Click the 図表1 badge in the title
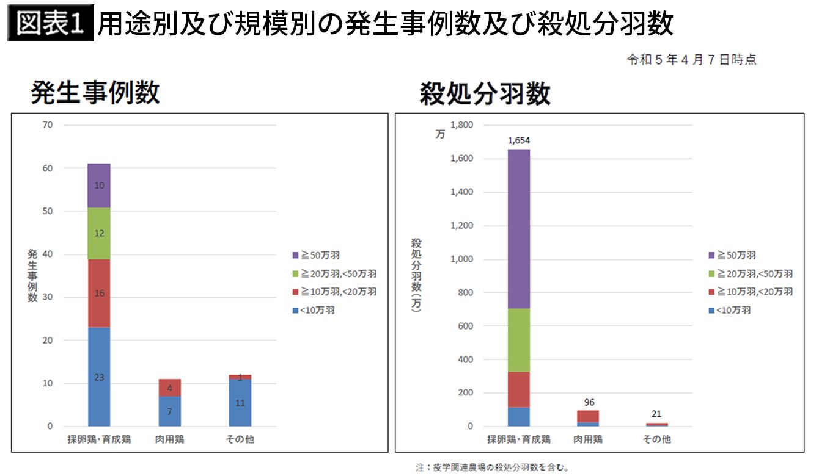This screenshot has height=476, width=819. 51,25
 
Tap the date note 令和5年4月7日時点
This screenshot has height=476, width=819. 691,60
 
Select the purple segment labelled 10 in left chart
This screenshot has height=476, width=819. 99,186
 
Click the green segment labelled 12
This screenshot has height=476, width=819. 99,233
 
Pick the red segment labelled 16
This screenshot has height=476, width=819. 99,293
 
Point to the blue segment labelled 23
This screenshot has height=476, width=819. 99,377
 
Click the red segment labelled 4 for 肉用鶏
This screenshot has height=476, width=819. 169,388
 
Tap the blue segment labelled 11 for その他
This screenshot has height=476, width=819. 240,403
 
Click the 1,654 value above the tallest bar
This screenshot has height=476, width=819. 518,141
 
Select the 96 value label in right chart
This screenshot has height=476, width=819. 589,402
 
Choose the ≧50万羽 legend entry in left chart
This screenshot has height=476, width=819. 316,255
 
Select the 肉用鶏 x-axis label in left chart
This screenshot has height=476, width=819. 169,439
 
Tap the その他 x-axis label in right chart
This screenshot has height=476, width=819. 656,439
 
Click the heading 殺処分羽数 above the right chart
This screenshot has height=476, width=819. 485,95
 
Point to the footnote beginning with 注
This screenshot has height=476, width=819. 493,468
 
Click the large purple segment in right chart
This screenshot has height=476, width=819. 518,229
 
